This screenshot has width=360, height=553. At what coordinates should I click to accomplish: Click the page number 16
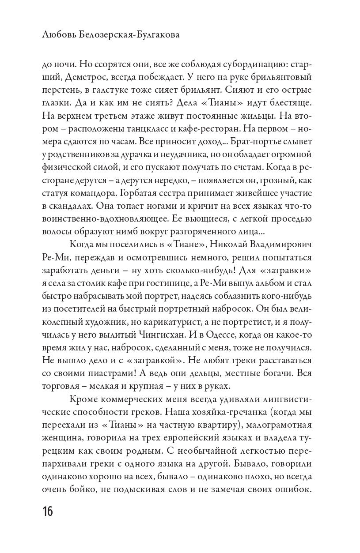[x=47, y=512]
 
